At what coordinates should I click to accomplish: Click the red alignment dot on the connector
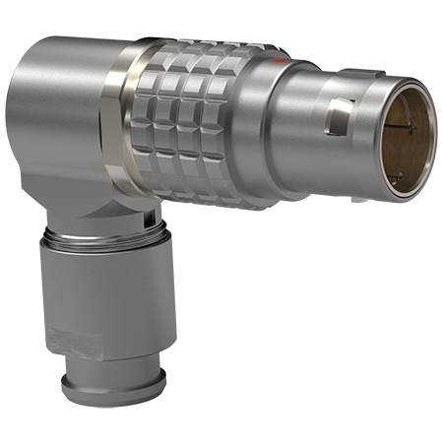point(283,60)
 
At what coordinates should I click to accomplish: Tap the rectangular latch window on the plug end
point(338,120)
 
